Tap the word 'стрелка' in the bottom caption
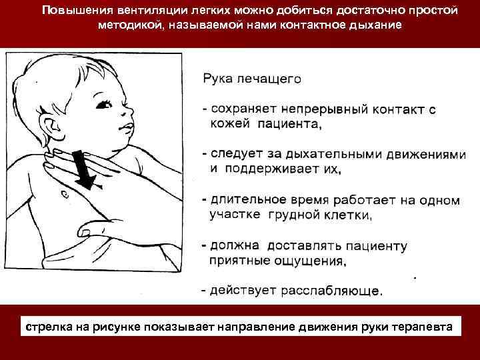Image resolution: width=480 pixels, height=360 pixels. [48, 327]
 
